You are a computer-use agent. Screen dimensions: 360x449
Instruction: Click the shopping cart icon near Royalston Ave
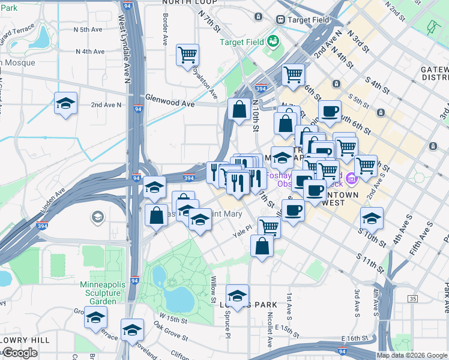tap(188, 55)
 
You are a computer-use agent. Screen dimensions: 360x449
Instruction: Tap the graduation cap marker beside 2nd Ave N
tap(65, 103)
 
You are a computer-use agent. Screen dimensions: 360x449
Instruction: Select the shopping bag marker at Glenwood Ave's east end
tap(239, 110)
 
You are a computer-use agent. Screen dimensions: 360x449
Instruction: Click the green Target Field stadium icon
tap(274, 41)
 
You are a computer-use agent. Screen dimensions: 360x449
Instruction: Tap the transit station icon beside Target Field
tap(280, 19)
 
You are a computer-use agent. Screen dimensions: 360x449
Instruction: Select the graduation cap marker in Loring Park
tap(238, 295)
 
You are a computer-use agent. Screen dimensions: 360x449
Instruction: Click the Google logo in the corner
tap(20, 353)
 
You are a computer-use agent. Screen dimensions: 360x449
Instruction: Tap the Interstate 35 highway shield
tap(412, 298)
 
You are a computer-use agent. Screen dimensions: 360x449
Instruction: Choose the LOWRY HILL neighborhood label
tap(25, 340)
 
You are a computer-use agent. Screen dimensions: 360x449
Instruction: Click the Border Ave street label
tap(164, 35)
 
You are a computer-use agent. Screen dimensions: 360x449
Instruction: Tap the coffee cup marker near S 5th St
tap(329, 111)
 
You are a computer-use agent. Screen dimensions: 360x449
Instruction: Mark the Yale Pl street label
tap(246, 236)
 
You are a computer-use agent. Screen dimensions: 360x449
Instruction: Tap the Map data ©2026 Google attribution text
tap(411, 355)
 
